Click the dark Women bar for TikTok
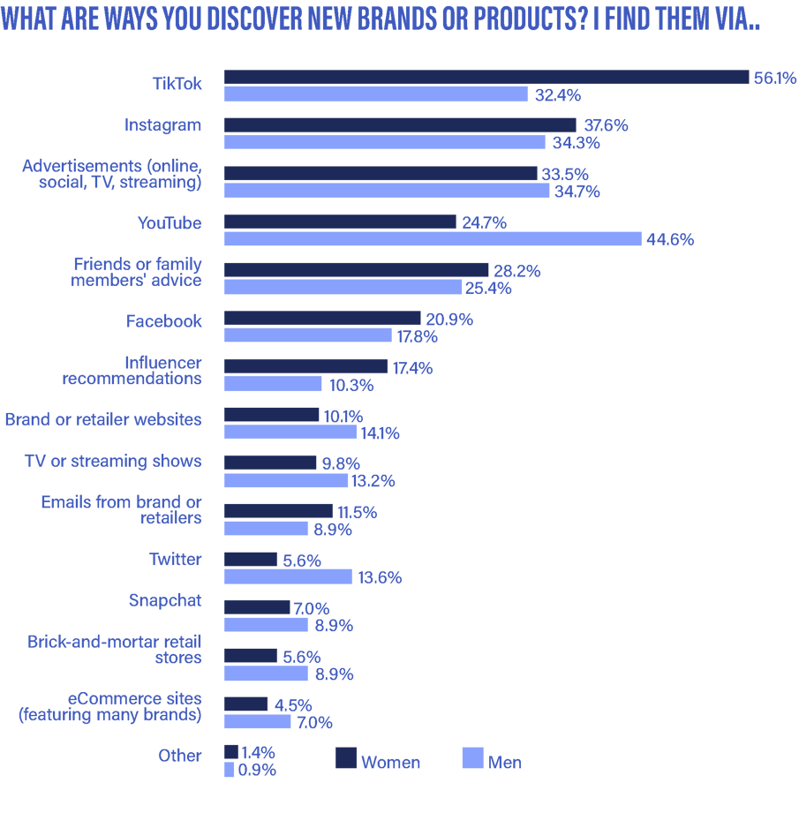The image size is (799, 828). click(486, 78)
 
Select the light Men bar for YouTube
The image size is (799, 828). click(433, 239)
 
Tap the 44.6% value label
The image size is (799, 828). click(670, 239)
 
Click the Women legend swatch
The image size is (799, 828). click(346, 758)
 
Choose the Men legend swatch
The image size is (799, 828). click(472, 758)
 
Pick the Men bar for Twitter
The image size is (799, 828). click(288, 576)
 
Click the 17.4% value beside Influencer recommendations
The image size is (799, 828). click(412, 368)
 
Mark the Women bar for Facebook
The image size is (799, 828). click(322, 318)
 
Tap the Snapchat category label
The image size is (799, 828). click(165, 601)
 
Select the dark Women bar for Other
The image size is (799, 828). click(230, 752)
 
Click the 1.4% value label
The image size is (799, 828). click(258, 753)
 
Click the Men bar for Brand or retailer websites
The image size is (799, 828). click(290, 432)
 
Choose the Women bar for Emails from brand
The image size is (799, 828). click(278, 511)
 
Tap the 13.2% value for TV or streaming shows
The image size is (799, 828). click(373, 481)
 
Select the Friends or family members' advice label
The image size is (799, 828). click(137, 272)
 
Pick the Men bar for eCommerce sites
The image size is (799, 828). click(257, 722)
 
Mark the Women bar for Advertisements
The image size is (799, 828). click(381, 174)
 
